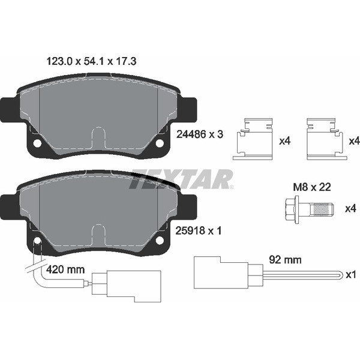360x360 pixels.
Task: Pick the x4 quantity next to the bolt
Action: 351,209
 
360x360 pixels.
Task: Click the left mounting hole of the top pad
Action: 37,143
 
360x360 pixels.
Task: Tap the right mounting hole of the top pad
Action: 160,143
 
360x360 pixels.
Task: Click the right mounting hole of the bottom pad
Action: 160,240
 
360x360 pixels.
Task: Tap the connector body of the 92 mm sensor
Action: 219,275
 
